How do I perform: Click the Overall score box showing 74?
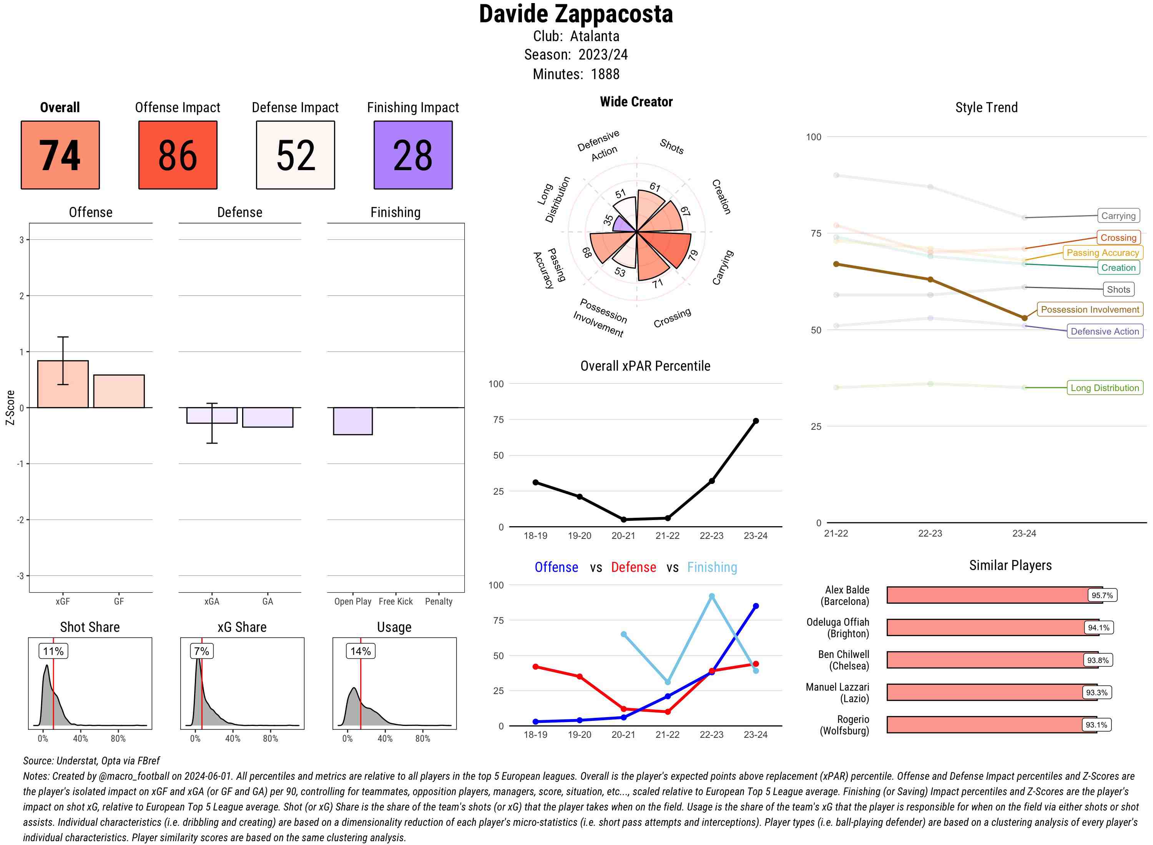pyautogui.click(x=60, y=155)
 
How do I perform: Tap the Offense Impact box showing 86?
pyautogui.click(x=178, y=155)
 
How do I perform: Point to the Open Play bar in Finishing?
pyautogui.click(x=352, y=421)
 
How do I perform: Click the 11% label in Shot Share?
pyautogui.click(x=53, y=651)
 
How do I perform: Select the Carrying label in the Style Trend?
pyautogui.click(x=1118, y=216)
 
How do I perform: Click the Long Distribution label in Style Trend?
pyautogui.click(x=1105, y=388)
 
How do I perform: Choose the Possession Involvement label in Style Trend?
pyautogui.click(x=1090, y=310)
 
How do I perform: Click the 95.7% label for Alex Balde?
pyautogui.click(x=1102, y=595)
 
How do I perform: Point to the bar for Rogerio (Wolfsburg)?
pyautogui.click(x=991, y=725)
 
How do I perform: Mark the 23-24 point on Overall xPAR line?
pyautogui.click(x=755, y=421)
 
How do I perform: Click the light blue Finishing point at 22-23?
pyautogui.click(x=711, y=596)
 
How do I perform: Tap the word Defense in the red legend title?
pyautogui.click(x=633, y=567)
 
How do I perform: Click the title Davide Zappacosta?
pyautogui.click(x=576, y=14)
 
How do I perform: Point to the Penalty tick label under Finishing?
pyautogui.click(x=439, y=601)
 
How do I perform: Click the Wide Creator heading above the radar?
pyautogui.click(x=636, y=102)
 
